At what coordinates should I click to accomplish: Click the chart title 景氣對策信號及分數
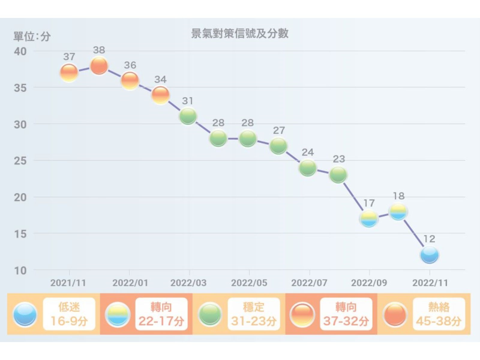click(239, 34)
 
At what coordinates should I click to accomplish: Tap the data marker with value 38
click(99, 66)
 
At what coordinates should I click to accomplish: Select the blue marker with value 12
click(430, 255)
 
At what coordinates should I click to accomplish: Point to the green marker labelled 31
click(188, 116)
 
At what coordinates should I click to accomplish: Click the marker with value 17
click(369, 218)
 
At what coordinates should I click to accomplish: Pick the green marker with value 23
click(338, 175)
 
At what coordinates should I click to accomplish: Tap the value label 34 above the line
click(160, 80)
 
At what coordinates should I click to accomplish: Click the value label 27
click(279, 131)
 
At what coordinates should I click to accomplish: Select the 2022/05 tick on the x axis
click(249, 282)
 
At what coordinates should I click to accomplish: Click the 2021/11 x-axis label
click(68, 282)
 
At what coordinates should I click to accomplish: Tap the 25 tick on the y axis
click(21, 161)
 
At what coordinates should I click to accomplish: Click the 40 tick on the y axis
click(21, 51)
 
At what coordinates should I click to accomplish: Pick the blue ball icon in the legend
click(25, 314)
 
